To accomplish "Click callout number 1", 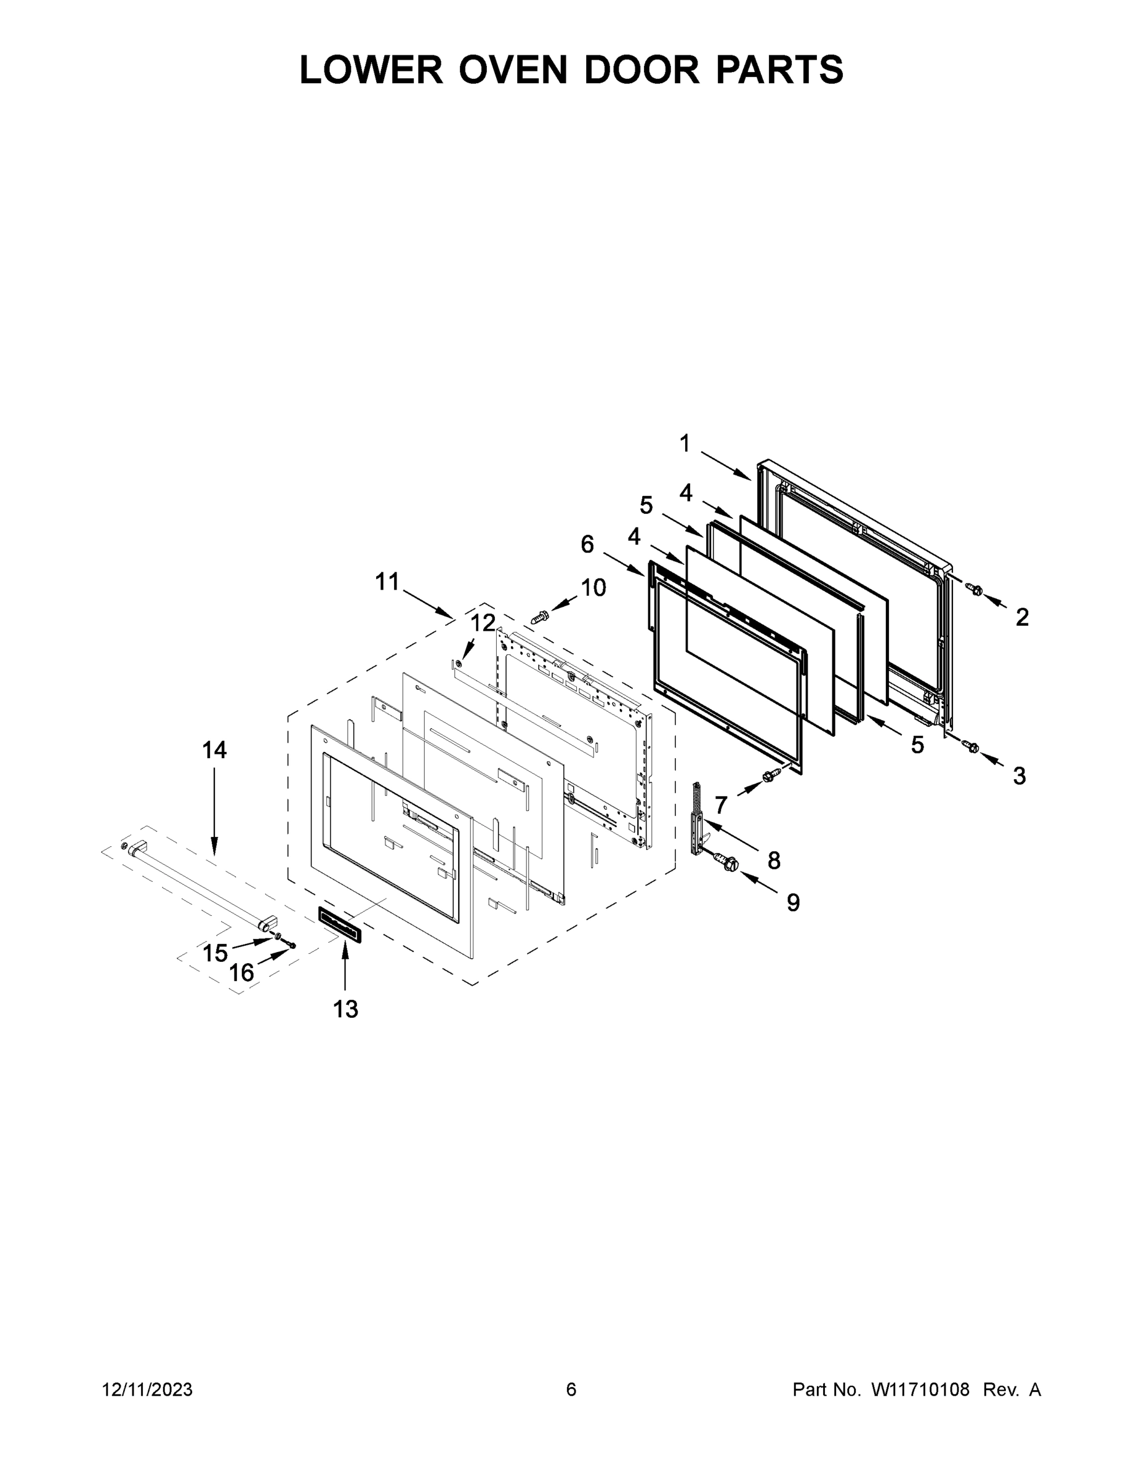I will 685,444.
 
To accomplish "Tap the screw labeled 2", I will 975,590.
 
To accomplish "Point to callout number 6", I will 587,544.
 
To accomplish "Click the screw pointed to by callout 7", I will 769,777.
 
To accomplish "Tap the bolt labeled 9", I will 730,863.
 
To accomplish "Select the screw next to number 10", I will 540,616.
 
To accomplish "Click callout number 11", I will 388,582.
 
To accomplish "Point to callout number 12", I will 483,622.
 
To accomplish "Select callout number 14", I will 214,750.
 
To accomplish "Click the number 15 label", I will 215,953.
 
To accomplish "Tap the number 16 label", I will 241,973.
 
